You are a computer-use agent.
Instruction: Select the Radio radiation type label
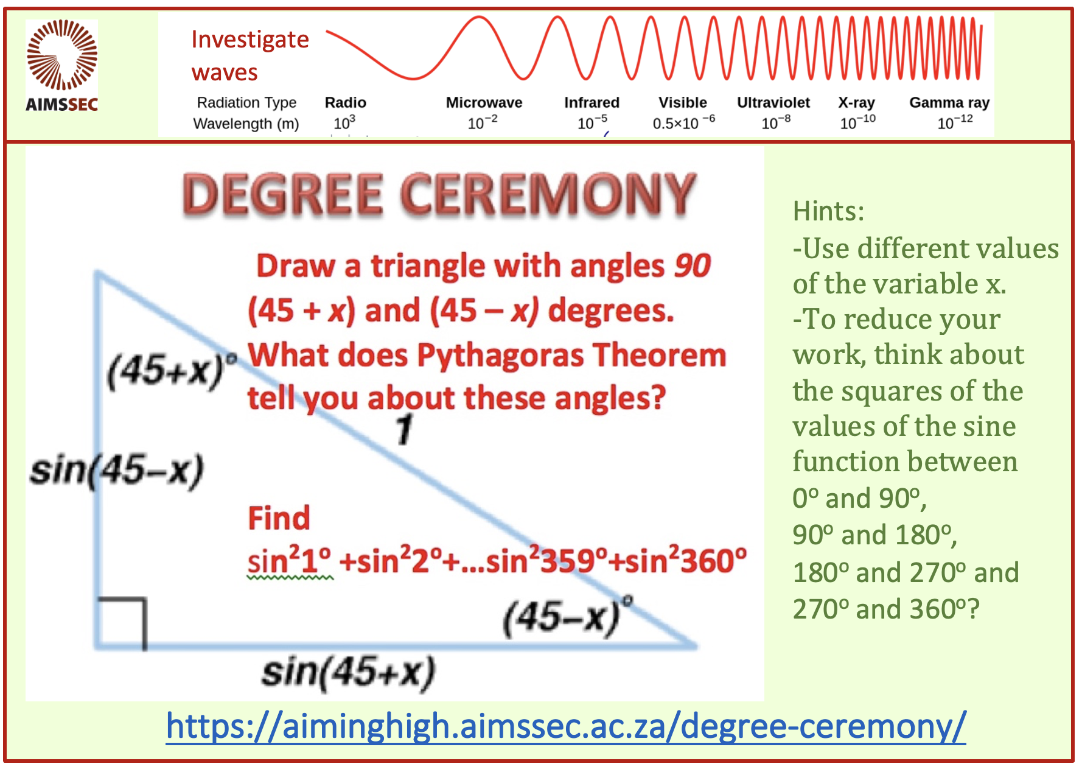pyautogui.click(x=346, y=102)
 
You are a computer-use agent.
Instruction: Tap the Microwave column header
pyautogui.click(x=484, y=102)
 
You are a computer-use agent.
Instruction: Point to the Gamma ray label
pyautogui.click(x=949, y=103)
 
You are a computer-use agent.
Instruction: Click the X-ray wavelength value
pyautogui.click(x=858, y=122)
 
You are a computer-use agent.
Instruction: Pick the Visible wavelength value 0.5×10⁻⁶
pyautogui.click(x=683, y=122)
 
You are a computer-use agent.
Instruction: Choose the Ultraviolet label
pyautogui.click(x=773, y=102)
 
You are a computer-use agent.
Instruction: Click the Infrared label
pyautogui.click(x=592, y=102)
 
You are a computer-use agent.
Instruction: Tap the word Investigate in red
pyautogui.click(x=250, y=40)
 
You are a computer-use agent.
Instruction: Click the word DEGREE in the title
pyautogui.click(x=283, y=194)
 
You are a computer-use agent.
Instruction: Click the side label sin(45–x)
pyautogui.click(x=117, y=471)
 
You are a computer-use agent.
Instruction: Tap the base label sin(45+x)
pyautogui.click(x=348, y=673)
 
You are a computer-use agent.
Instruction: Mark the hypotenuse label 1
pyautogui.click(x=404, y=429)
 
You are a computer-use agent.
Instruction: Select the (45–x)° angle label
pyautogui.click(x=568, y=616)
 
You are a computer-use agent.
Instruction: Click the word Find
pyautogui.click(x=279, y=518)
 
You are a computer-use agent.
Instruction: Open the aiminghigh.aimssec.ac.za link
pyautogui.click(x=566, y=726)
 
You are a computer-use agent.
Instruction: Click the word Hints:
pyautogui.click(x=828, y=211)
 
